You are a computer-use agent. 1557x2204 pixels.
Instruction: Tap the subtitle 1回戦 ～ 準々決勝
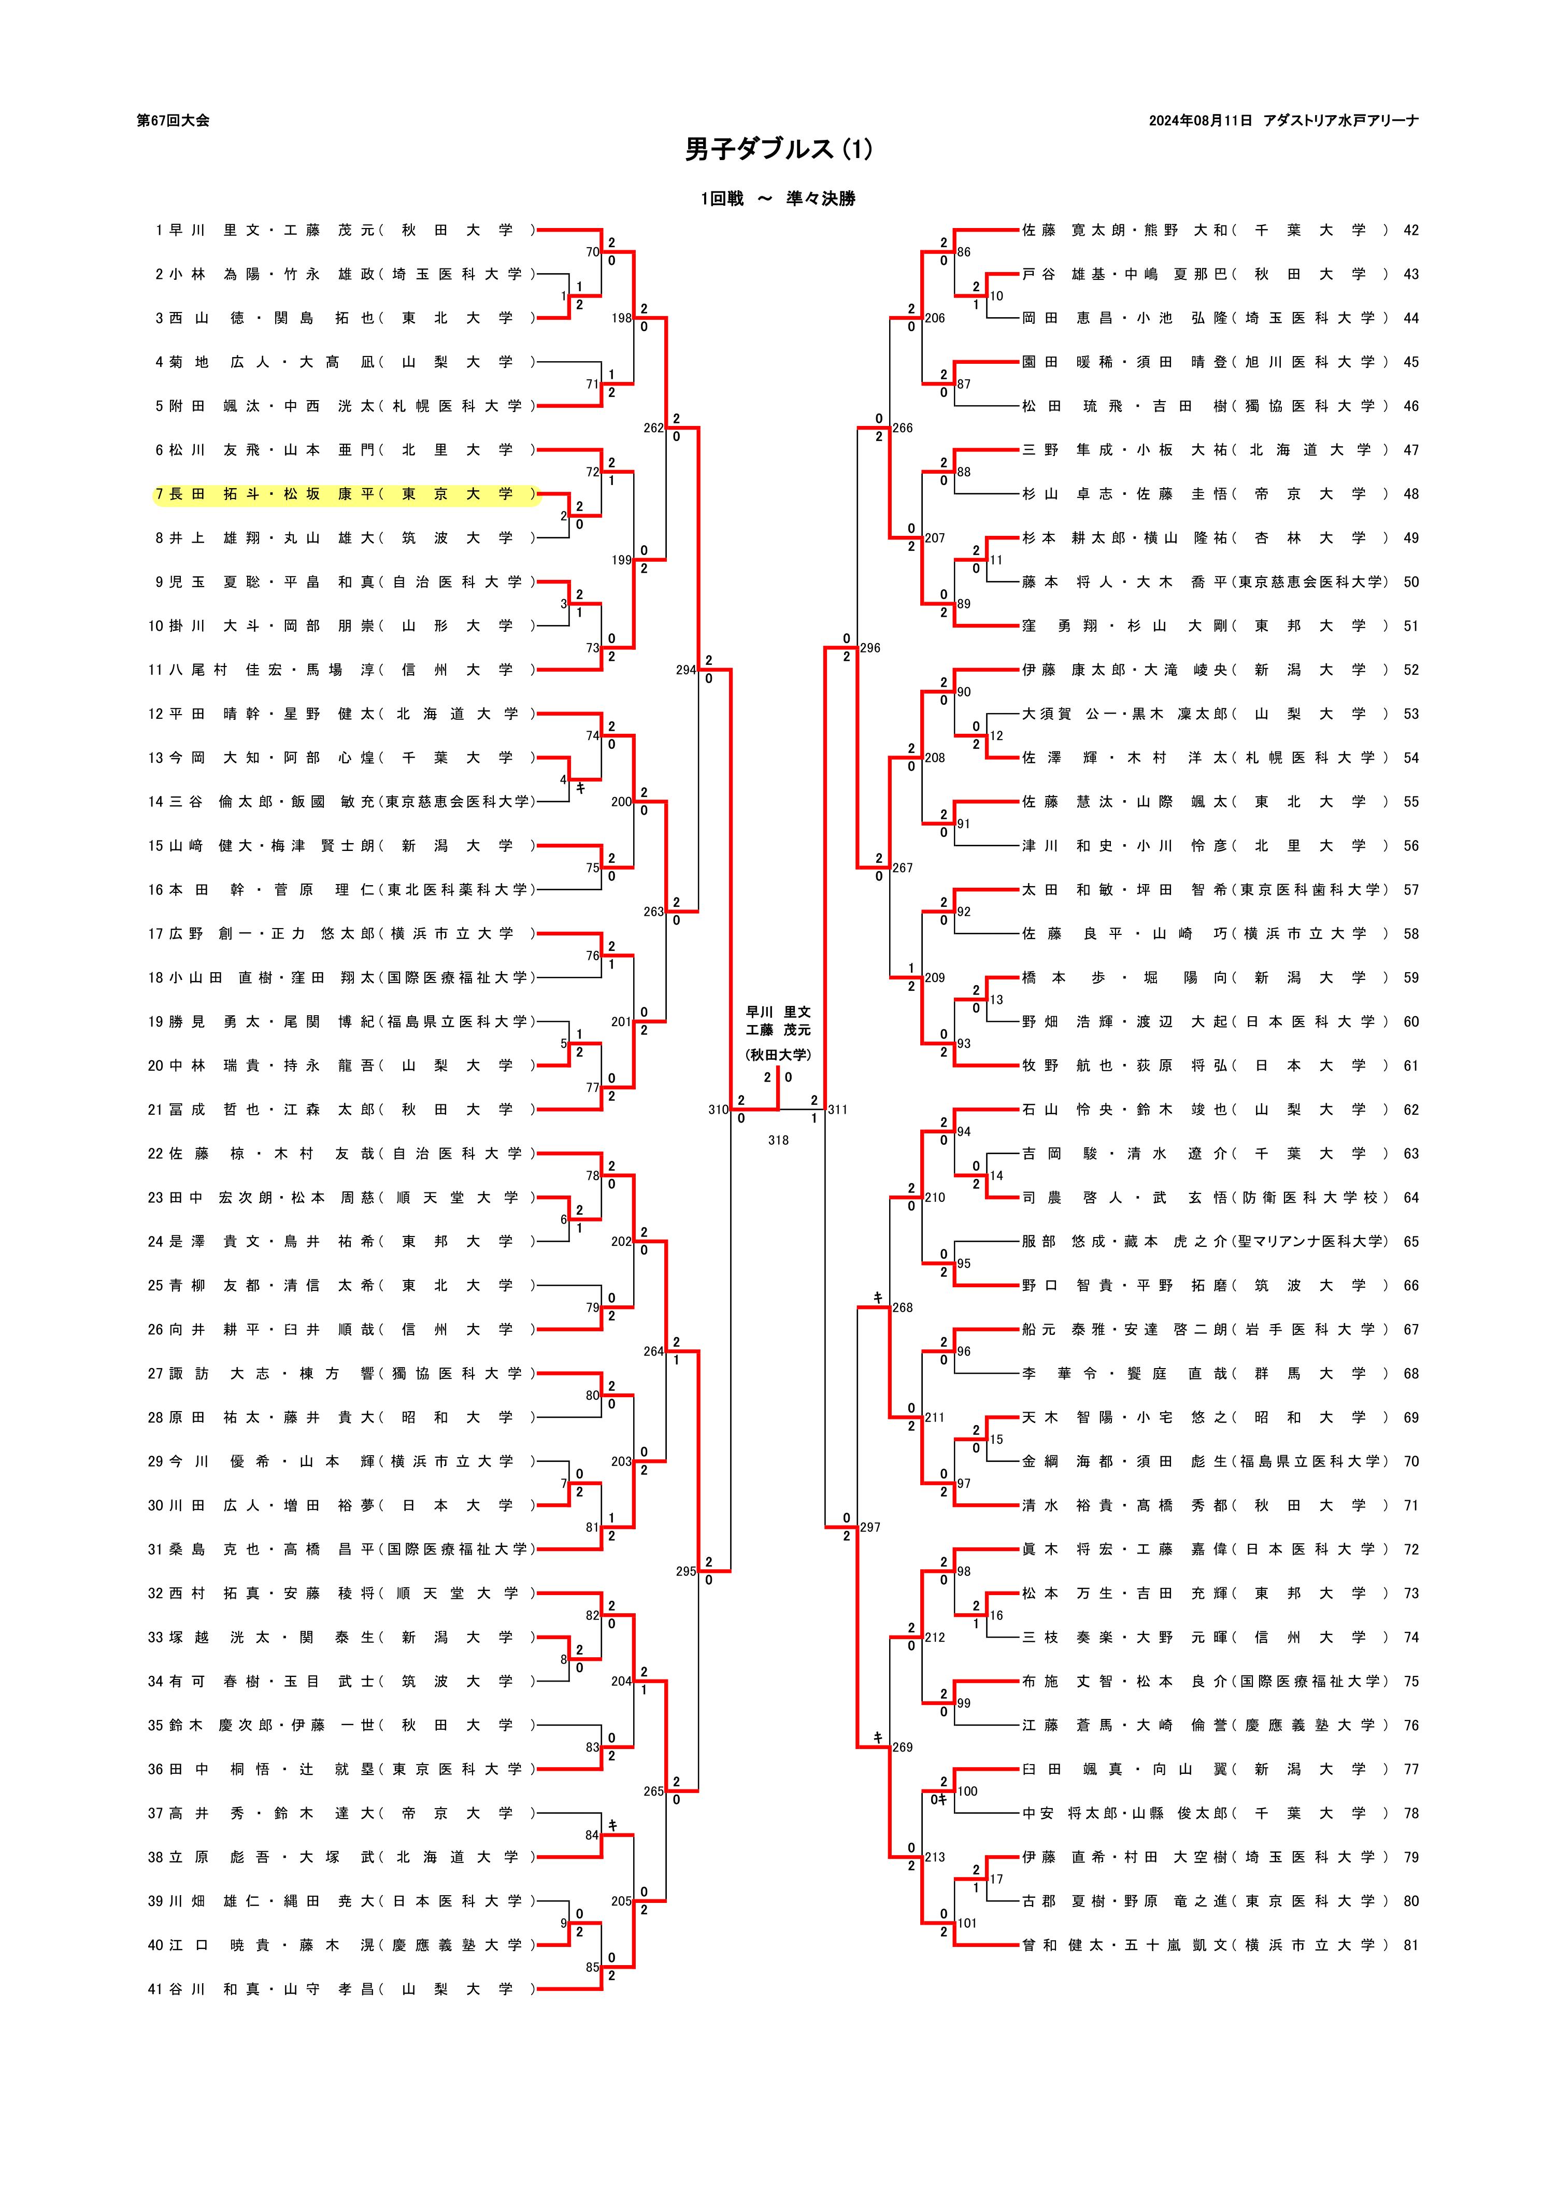[x=778, y=198]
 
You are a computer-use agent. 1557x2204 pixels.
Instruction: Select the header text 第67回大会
[x=173, y=121]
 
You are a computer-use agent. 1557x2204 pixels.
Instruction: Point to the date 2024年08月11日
[x=1200, y=121]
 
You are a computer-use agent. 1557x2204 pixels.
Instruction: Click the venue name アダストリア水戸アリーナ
[x=1341, y=121]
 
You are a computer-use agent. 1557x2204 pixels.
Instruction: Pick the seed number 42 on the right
[x=1410, y=231]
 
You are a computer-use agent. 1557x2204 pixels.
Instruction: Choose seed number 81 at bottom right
[x=1410, y=1945]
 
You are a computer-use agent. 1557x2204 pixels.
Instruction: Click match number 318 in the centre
[x=778, y=1141]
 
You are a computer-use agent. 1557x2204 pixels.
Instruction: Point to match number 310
[x=718, y=1110]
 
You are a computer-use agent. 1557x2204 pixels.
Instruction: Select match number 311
[x=838, y=1110]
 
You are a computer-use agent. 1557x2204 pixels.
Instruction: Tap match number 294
[x=685, y=670]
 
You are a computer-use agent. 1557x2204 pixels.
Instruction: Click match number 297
[x=870, y=1527]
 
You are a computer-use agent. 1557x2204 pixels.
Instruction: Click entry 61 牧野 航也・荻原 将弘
[x=1205, y=1065]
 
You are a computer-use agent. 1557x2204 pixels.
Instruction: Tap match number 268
[x=902, y=1307]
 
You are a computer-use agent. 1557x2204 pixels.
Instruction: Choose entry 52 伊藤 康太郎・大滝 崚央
[x=1205, y=670]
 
